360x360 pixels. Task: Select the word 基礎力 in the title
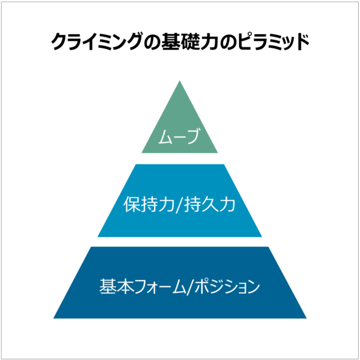pyautogui.click(x=190, y=42)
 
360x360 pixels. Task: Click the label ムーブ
pyautogui.click(x=179, y=136)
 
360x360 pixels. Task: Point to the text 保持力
pyautogui.click(x=150, y=204)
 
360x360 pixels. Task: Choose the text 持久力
pyautogui.click(x=210, y=204)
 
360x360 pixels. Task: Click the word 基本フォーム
pyautogui.click(x=142, y=286)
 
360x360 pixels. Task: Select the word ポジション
pyautogui.click(x=227, y=286)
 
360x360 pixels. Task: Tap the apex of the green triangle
pyautogui.click(x=179, y=80)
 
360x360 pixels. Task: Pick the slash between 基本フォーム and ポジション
pyautogui.click(x=190, y=287)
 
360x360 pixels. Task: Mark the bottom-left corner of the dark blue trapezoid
pyautogui.click(x=53, y=318)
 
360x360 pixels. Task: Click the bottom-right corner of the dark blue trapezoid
pyautogui.click(x=307, y=318)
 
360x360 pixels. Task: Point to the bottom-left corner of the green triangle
pyautogui.click(x=142, y=153)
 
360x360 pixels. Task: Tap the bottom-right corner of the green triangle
pyautogui.click(x=218, y=153)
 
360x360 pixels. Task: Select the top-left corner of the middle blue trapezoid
pyautogui.click(x=135, y=164)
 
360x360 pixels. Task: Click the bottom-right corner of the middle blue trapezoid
pyautogui.click(x=262, y=237)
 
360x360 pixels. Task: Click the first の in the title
pyautogui.click(x=152, y=42)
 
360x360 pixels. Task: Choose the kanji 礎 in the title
pyautogui.click(x=190, y=42)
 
